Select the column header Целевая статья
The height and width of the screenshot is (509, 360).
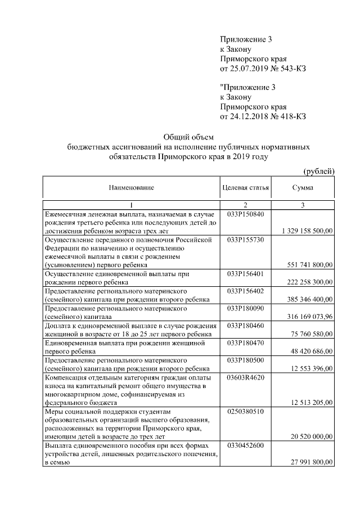pyautogui.click(x=246, y=187)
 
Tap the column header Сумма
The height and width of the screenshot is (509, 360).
pyautogui.click(x=303, y=187)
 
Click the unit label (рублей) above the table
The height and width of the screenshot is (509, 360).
pyautogui.click(x=319, y=170)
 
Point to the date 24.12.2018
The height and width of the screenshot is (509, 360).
pyautogui.click(x=249, y=116)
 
